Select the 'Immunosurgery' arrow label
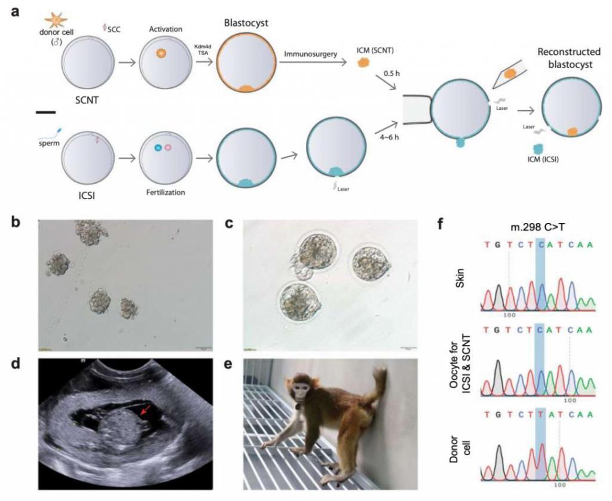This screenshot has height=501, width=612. click(311, 54)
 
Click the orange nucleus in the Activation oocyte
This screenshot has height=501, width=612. click(160, 54)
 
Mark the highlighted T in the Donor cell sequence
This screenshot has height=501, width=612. click(541, 427)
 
